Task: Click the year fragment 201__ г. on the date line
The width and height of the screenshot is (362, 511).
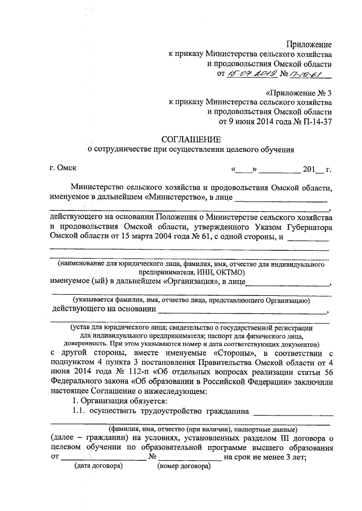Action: point(316,169)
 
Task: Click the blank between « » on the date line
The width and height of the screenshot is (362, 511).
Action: point(244,169)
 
